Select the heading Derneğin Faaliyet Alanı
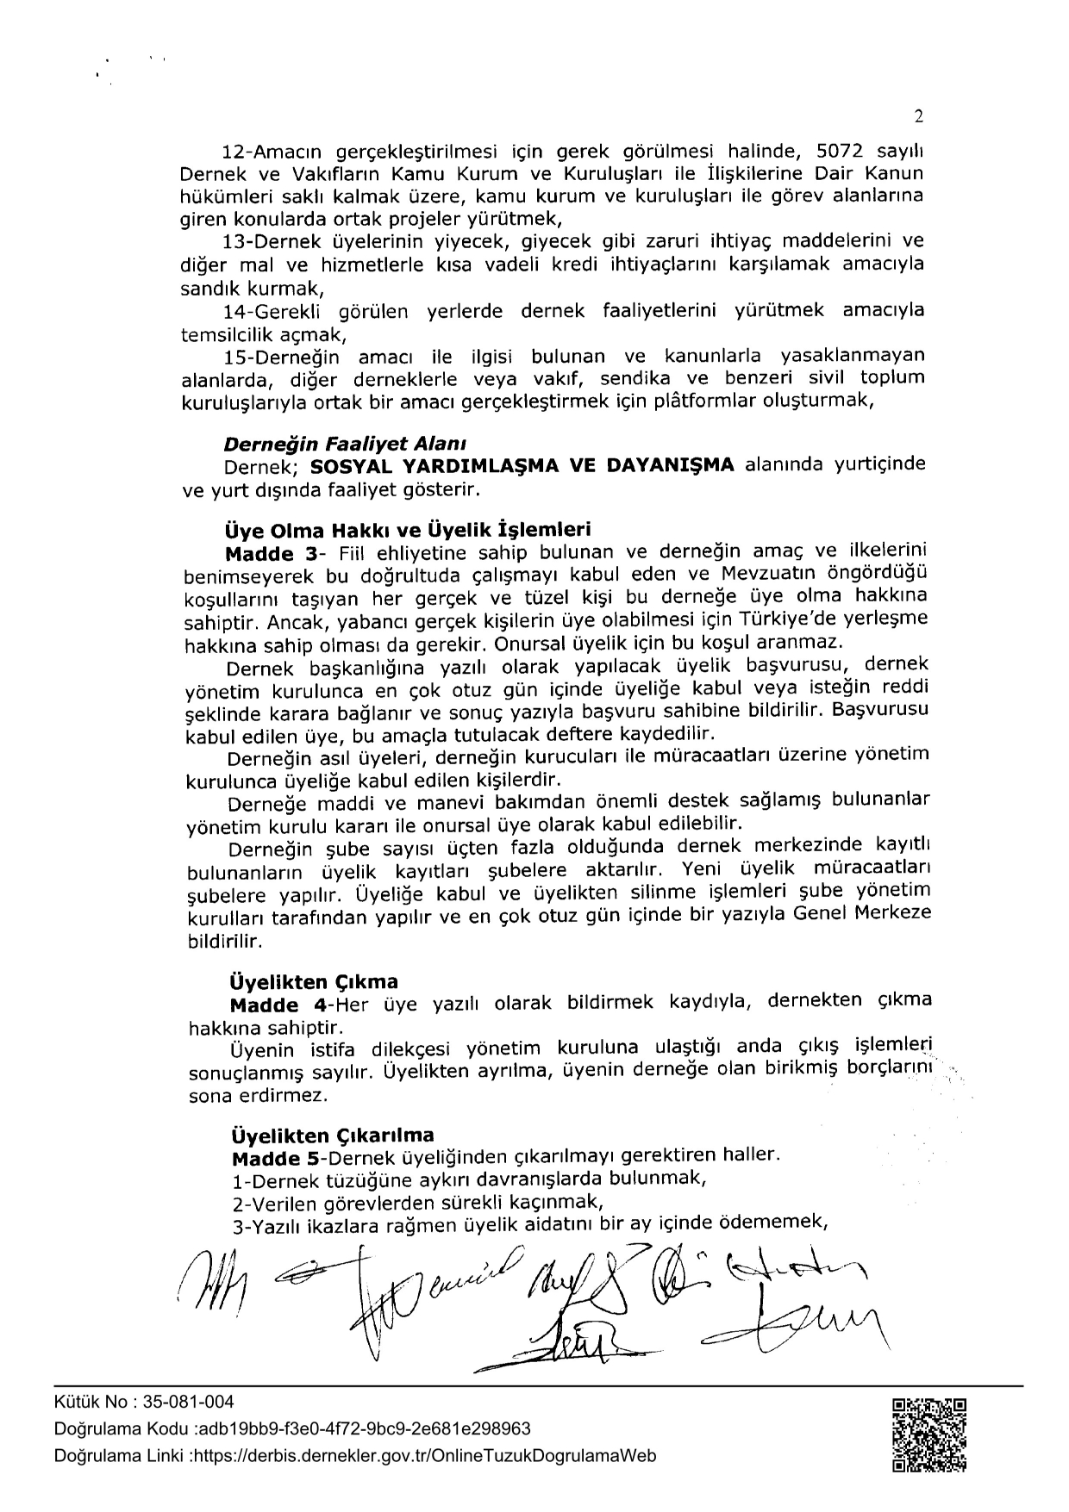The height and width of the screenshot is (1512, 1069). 345,445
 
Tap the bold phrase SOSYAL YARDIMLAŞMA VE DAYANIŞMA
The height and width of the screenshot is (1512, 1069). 522,465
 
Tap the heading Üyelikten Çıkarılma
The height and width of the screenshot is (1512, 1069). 332,1135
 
